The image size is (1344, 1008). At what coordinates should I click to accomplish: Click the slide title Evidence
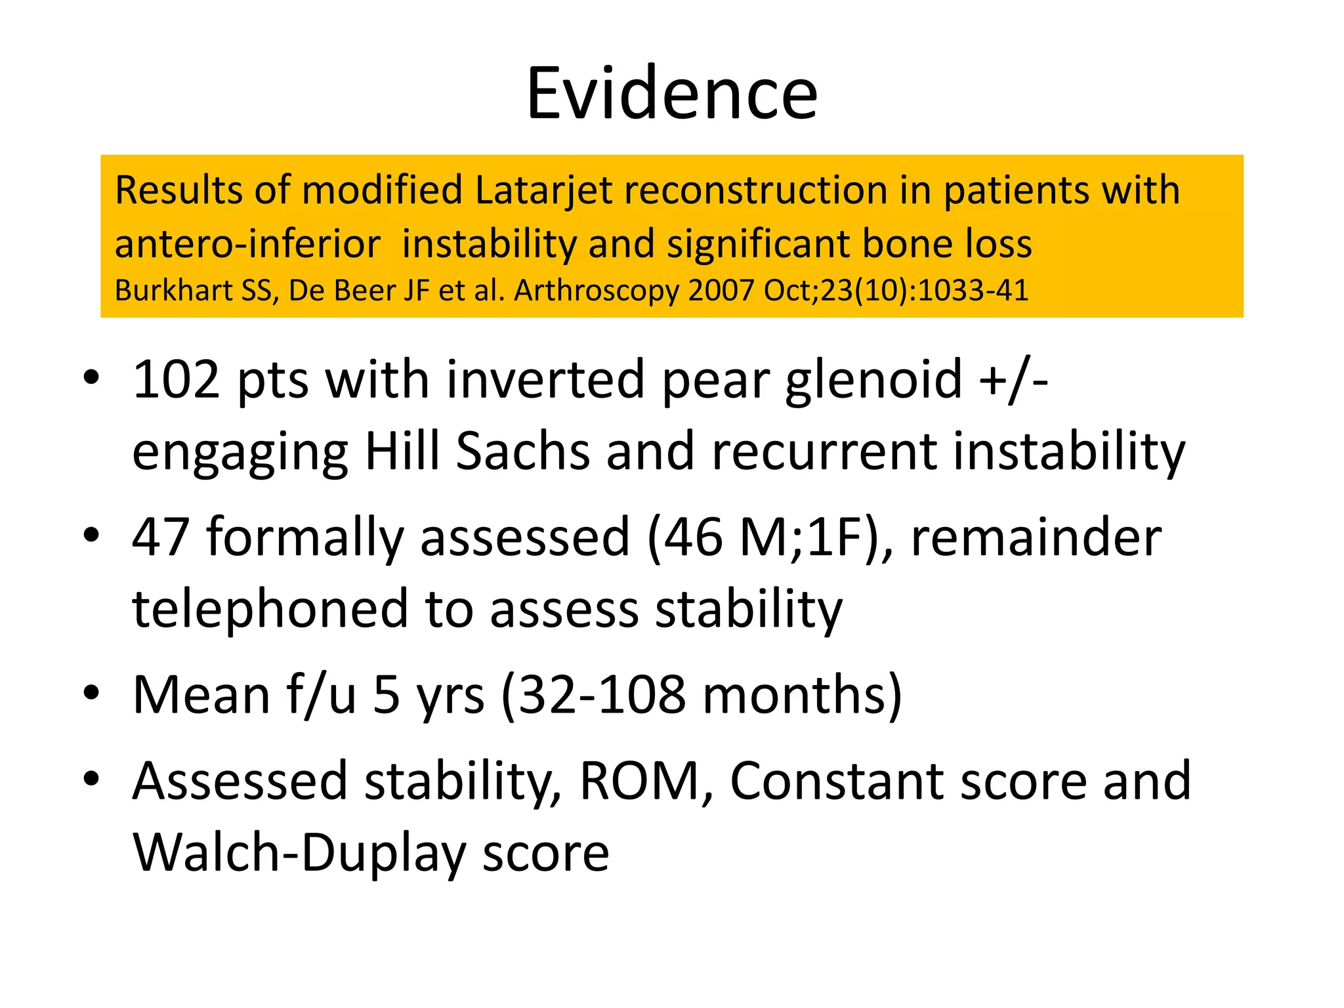point(671,93)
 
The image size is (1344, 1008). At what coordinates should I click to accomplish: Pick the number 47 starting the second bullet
point(161,537)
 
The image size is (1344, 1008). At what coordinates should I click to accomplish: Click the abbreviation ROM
point(640,781)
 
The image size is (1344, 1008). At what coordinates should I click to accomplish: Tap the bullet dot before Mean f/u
point(92,692)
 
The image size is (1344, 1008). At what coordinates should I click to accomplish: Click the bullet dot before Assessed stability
point(92,779)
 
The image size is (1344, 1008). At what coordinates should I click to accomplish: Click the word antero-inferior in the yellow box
point(247,244)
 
